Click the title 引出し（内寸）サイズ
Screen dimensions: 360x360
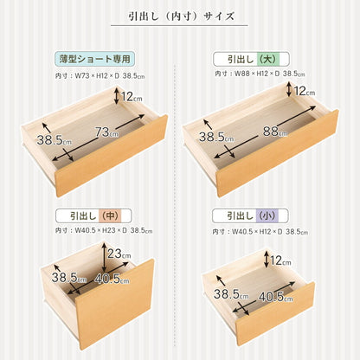point(179,16)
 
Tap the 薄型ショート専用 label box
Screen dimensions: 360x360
point(95,59)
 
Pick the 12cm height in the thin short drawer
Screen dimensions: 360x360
point(132,97)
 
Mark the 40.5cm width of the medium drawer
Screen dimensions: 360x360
point(112,280)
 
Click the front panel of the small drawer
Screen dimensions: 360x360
point(264,320)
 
